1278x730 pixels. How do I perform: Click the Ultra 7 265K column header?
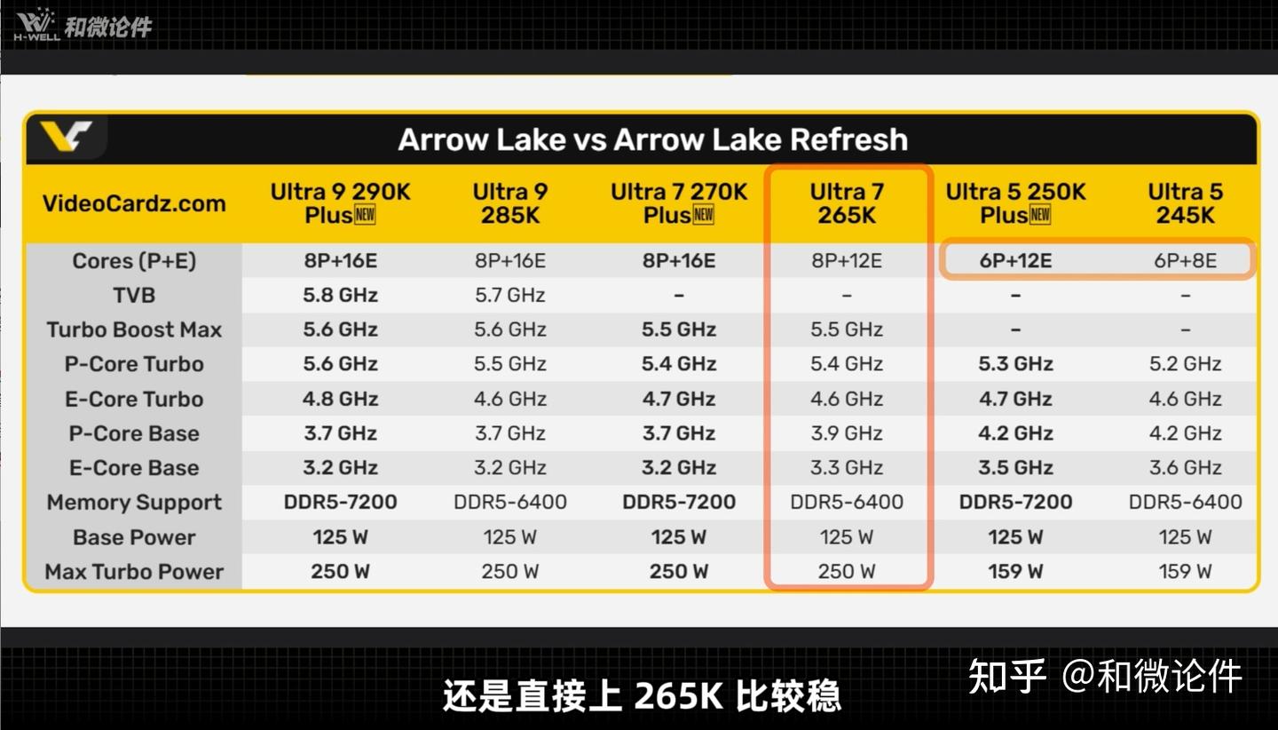point(847,203)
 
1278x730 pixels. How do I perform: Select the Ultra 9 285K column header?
point(510,203)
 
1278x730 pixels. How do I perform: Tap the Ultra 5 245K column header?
point(1185,203)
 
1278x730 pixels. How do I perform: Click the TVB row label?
point(134,295)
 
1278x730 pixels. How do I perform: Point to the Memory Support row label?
point(134,503)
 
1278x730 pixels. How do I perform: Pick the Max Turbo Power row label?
point(134,571)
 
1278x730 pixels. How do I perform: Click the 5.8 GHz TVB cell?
point(340,295)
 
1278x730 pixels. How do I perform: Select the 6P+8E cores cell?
point(1185,261)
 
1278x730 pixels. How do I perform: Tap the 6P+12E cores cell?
point(1015,261)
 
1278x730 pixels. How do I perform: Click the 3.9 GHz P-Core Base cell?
point(847,433)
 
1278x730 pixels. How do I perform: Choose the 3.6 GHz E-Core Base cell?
point(1185,467)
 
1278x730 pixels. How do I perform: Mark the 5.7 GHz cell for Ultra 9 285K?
point(510,295)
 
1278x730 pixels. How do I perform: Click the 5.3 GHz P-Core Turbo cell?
point(1015,363)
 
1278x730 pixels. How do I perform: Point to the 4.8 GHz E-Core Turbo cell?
point(340,399)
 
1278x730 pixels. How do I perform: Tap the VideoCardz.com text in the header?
point(134,203)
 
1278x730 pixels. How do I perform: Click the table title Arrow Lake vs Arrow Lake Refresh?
point(652,139)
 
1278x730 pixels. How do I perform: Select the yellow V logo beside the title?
point(66,136)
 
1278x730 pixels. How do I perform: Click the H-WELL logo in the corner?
point(36,25)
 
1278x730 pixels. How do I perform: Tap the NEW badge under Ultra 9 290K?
point(365,215)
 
